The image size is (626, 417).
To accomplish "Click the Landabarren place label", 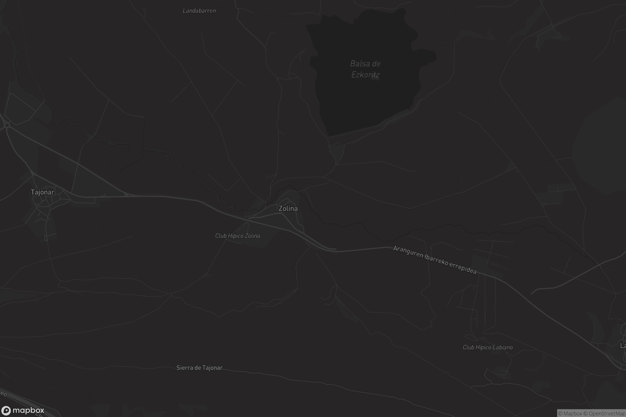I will pos(199,11).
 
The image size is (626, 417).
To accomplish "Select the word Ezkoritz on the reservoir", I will pos(365,75).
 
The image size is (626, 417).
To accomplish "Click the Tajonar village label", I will pos(43,192).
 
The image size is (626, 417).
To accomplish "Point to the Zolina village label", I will pos(288,208).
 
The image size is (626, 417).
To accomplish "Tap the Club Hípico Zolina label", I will pos(237,236).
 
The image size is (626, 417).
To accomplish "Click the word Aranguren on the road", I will pos(408,252).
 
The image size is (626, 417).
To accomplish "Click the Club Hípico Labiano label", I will pos(487,347).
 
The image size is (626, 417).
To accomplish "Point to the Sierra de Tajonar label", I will pos(199,368).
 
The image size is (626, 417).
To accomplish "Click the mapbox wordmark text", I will pos(28,410).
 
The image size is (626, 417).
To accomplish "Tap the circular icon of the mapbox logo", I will pos(6,411).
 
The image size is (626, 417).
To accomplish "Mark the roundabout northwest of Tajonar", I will pos(7,125).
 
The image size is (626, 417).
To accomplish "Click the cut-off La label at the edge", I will pos(623,346).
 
